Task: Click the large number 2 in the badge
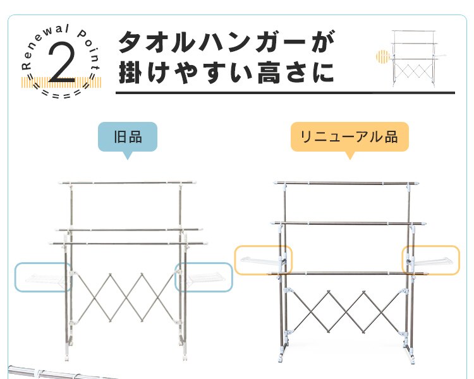62,63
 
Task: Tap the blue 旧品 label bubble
128,137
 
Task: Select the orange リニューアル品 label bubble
349,137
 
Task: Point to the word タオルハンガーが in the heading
227,42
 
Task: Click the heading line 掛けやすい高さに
227,73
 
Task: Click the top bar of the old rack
128,183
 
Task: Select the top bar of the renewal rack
346,183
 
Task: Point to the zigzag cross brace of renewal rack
346,312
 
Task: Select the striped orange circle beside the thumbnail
383,57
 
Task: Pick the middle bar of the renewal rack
348,224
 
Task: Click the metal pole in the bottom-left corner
61,373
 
